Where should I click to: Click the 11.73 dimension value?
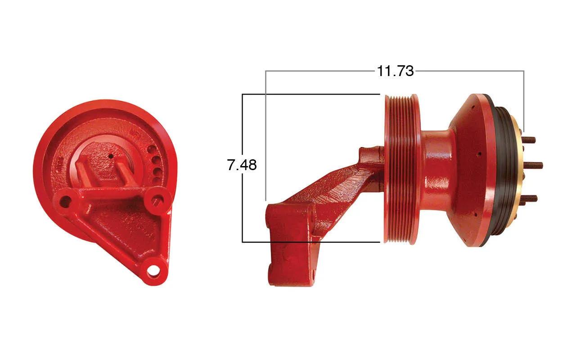pyautogui.click(x=395, y=71)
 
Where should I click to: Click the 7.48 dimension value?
pyautogui.click(x=242, y=165)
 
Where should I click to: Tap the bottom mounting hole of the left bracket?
pyautogui.click(x=154, y=271)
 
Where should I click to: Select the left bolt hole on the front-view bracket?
pyautogui.click(x=66, y=201)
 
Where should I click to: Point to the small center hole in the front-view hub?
pyautogui.click(x=111, y=156)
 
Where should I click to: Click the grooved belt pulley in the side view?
pyautogui.click(x=402, y=169)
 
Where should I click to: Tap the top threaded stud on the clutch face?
pyautogui.click(x=529, y=140)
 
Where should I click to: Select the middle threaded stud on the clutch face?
pyautogui.click(x=532, y=165)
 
